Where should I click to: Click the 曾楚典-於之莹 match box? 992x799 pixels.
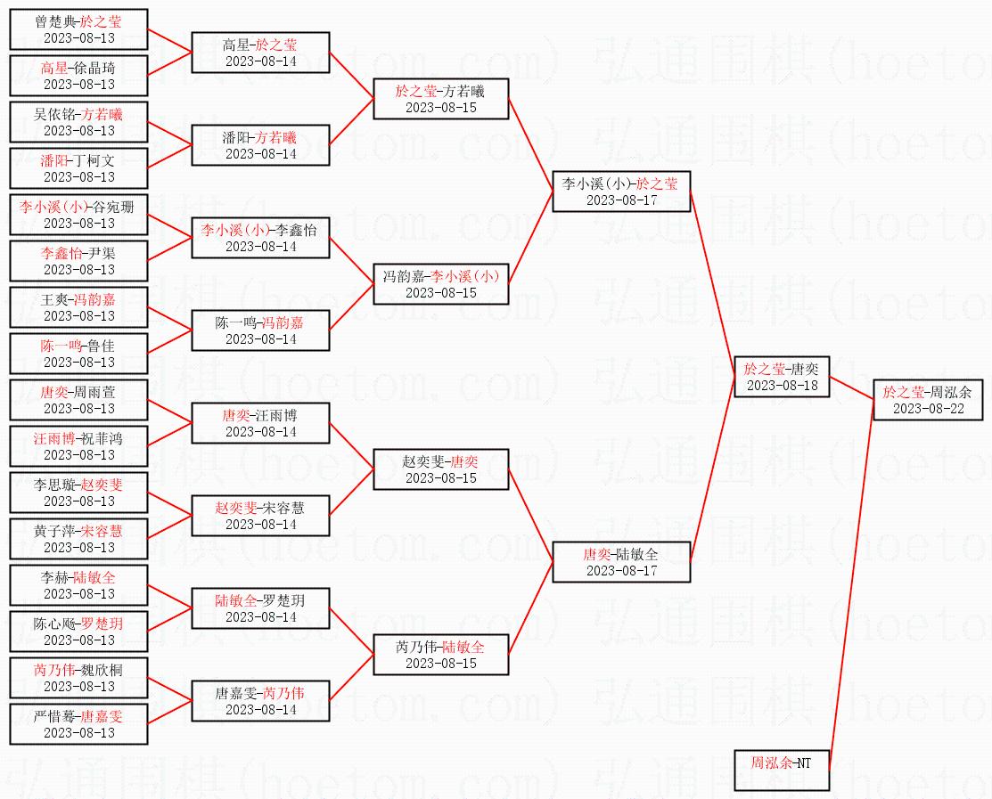click(78, 29)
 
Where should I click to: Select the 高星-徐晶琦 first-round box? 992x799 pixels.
click(78, 76)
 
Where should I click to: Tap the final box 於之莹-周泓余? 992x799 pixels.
click(928, 400)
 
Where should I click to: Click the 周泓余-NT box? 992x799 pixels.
click(782, 770)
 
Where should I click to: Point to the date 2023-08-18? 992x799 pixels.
click(782, 386)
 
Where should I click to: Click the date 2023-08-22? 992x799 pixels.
click(928, 409)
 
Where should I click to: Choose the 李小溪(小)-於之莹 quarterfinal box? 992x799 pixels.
click(621, 192)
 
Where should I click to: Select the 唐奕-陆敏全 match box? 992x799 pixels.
click(621, 562)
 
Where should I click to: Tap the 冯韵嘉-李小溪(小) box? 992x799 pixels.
click(441, 284)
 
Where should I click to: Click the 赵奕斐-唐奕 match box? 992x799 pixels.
click(441, 469)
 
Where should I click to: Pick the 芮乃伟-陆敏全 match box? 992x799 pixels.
click(441, 655)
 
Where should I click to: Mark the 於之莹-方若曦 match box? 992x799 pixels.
click(441, 99)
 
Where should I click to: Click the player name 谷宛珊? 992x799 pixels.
click(112, 207)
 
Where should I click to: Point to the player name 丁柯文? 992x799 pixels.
click(94, 160)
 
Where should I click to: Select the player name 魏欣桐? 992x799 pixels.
click(102, 670)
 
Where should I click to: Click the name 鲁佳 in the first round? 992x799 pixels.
click(102, 346)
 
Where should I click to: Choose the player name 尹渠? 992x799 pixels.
click(102, 254)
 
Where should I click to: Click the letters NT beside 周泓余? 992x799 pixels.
click(803, 763)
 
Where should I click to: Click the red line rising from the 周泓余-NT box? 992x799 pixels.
click(851, 585)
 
